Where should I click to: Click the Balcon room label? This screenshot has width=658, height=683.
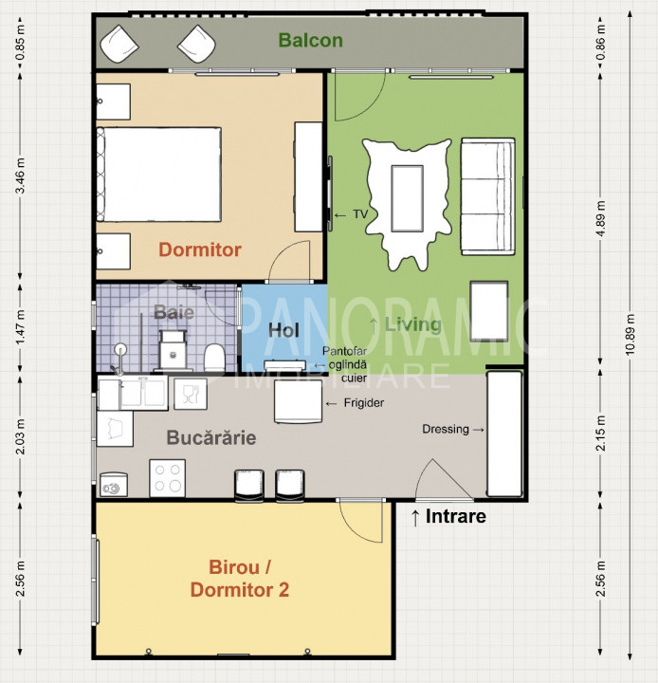pyautogui.click(x=310, y=40)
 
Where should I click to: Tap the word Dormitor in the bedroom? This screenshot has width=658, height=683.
pyautogui.click(x=200, y=249)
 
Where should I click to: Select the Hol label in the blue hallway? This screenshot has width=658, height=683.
pyautogui.click(x=283, y=331)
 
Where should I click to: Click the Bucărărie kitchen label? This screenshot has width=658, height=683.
pyautogui.click(x=211, y=437)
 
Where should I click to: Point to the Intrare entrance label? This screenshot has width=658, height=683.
pyautogui.click(x=455, y=516)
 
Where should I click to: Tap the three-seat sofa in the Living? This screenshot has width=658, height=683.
pyautogui.click(x=488, y=196)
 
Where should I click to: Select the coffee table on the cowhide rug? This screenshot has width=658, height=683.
pyautogui.click(x=407, y=198)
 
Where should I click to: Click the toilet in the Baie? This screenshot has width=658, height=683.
pyautogui.click(x=214, y=358)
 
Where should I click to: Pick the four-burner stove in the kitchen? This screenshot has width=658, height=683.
pyautogui.click(x=167, y=478)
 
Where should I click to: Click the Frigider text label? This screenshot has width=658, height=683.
pyautogui.click(x=364, y=403)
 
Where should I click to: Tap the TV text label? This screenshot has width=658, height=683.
pyautogui.click(x=360, y=214)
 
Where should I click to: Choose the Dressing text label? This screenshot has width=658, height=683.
pyautogui.click(x=446, y=429)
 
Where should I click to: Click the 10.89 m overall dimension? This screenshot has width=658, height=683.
pyautogui.click(x=630, y=334)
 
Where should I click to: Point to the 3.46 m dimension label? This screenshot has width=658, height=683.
pyautogui.click(x=20, y=176)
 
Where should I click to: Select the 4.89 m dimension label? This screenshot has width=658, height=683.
pyautogui.click(x=600, y=218)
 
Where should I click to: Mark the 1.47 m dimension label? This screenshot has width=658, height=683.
pyautogui.click(x=20, y=327)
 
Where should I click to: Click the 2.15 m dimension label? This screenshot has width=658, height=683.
pyautogui.click(x=600, y=434)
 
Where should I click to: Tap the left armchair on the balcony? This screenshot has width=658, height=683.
pyautogui.click(x=119, y=44)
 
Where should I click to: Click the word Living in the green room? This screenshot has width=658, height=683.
pyautogui.click(x=412, y=324)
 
